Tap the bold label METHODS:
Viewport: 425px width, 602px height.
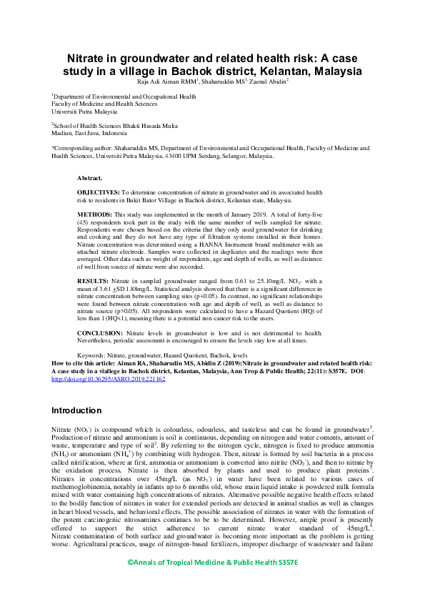(x=94, y=214)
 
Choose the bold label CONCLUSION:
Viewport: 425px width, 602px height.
(x=99, y=333)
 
